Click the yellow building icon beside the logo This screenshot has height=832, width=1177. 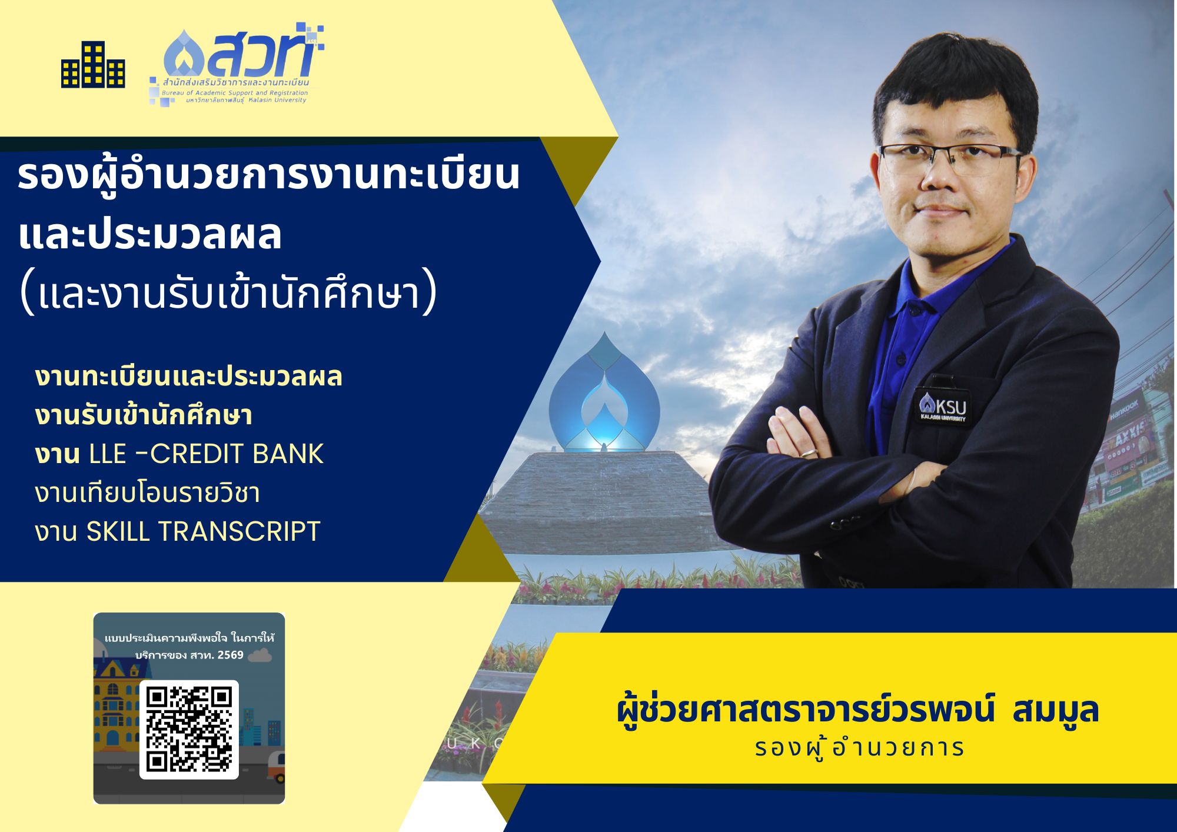point(93,65)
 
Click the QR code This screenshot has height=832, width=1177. point(189,730)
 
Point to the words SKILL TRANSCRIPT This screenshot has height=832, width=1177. point(203,531)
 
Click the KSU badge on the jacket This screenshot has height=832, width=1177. point(942,407)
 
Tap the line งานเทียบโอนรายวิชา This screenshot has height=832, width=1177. point(147,492)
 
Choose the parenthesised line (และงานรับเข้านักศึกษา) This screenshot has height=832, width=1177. point(228,292)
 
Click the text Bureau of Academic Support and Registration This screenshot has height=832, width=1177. point(235,93)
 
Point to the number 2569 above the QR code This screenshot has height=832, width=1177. point(230,655)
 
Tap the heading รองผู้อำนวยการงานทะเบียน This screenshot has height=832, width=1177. point(269,175)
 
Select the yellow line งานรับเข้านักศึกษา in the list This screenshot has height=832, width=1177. point(144,415)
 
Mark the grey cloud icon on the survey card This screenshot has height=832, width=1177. point(260,655)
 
